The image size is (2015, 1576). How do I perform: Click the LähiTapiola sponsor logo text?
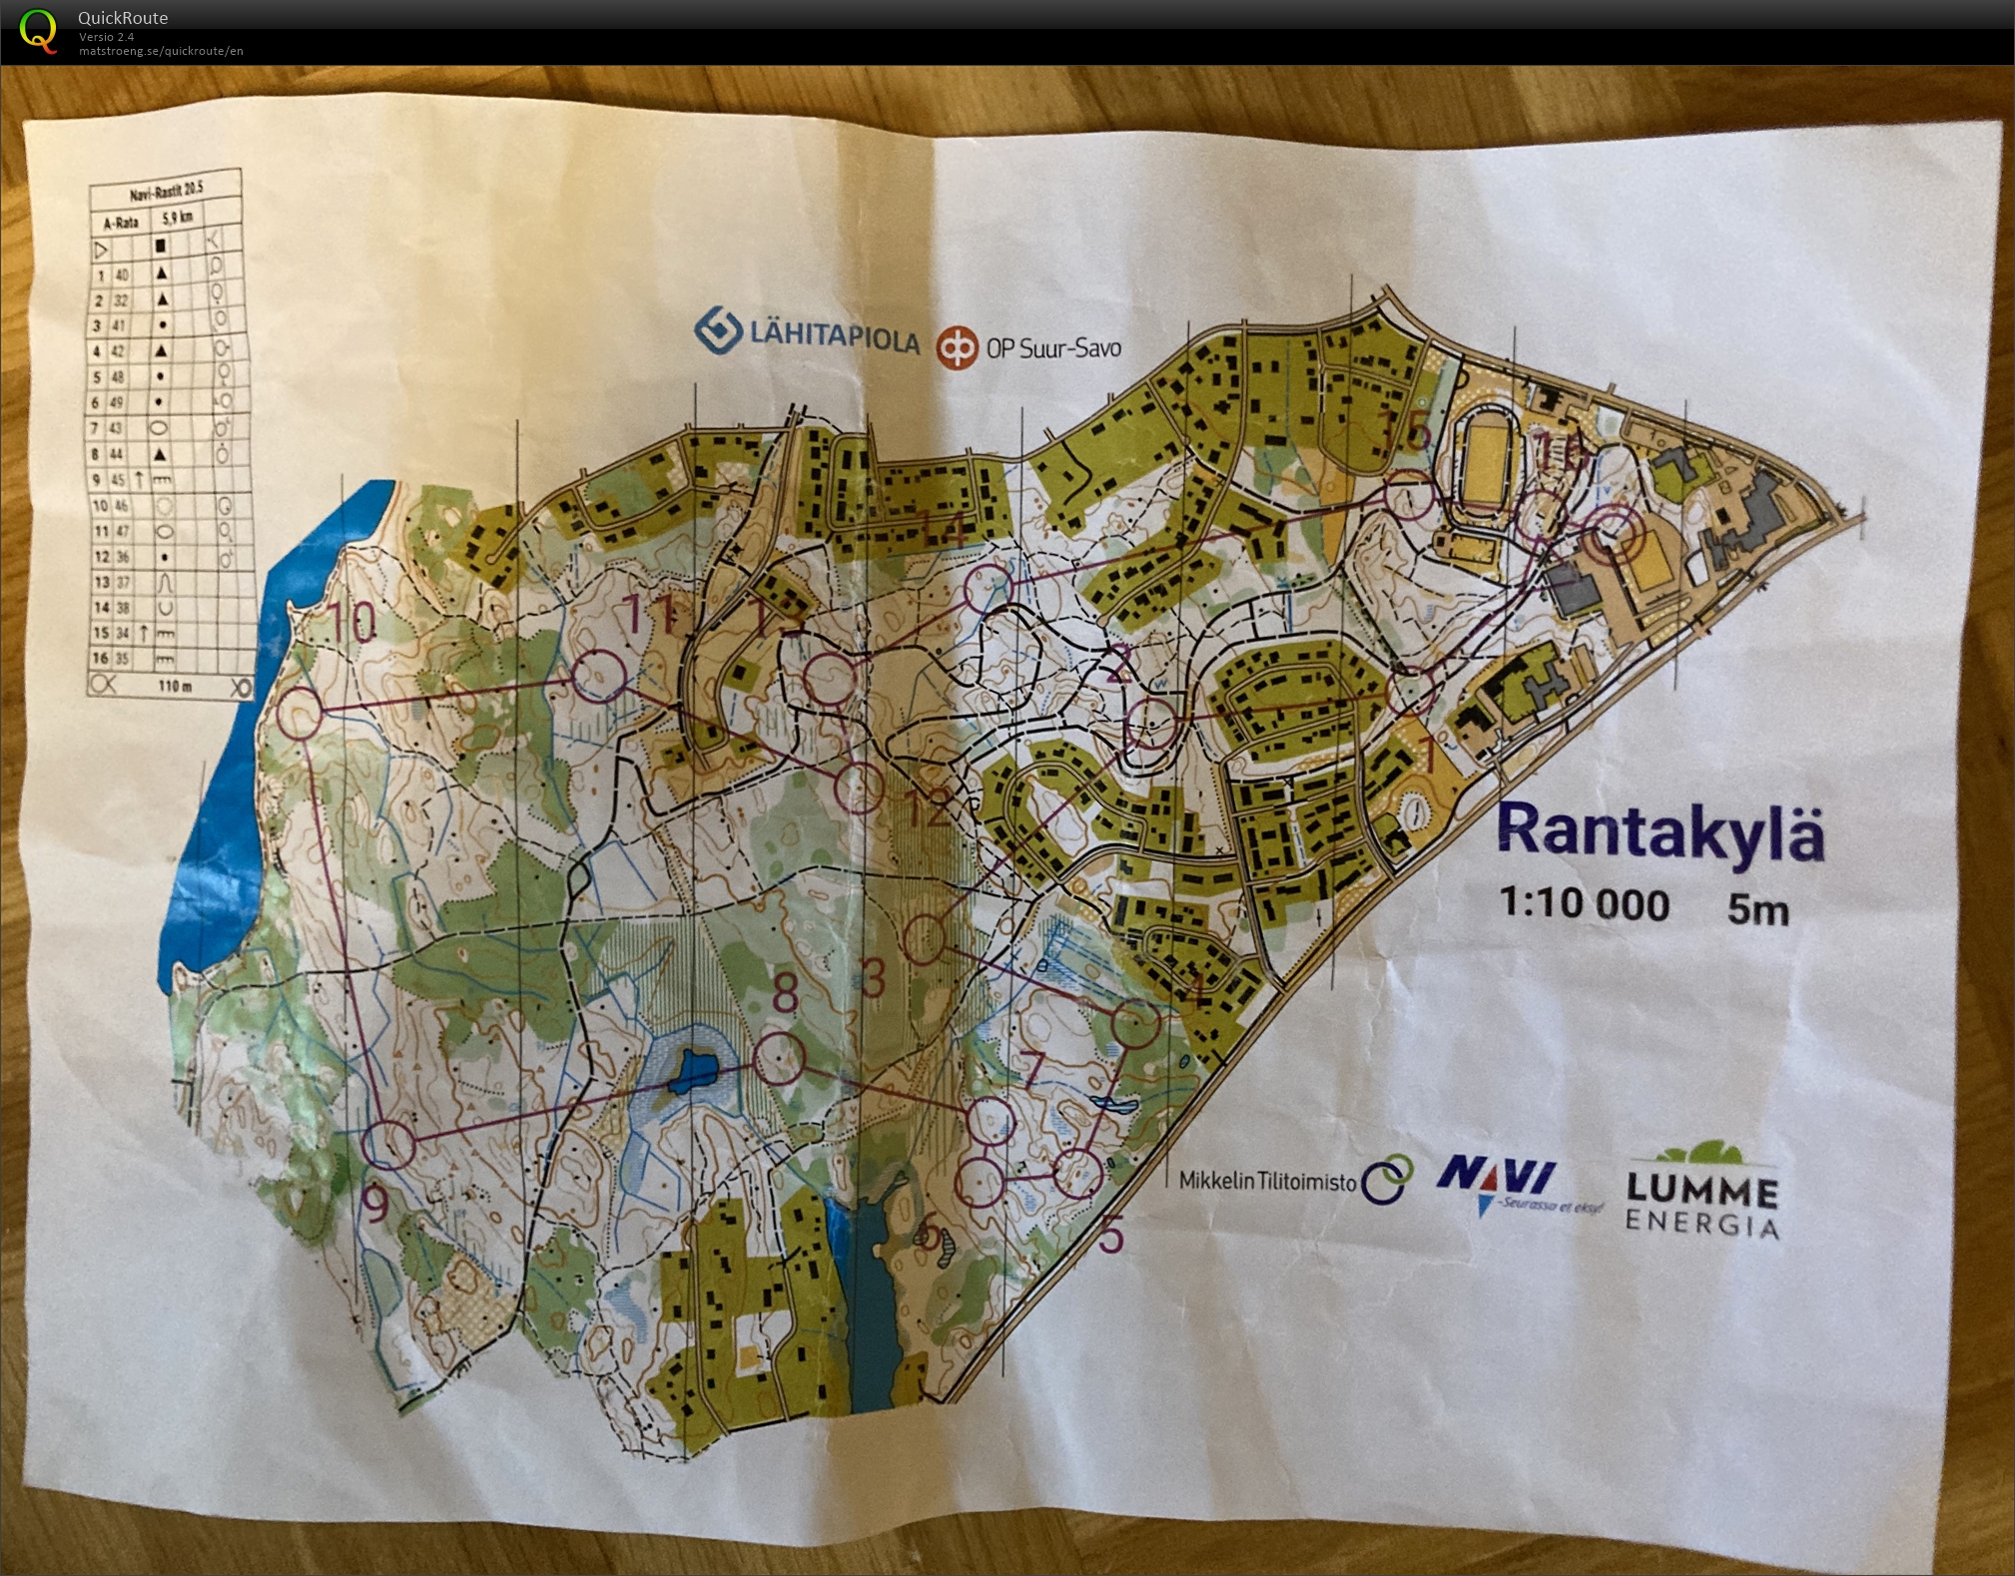[x=834, y=337]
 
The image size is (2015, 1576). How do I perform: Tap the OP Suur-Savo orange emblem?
[x=957, y=348]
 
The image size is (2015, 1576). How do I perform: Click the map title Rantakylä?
[x=1660, y=831]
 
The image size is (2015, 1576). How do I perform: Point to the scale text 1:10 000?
[x=1584, y=904]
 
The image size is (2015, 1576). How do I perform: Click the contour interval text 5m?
[x=1757, y=910]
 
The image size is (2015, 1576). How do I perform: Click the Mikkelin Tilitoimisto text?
[x=1267, y=1181]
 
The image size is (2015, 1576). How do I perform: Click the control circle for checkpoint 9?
[x=387, y=1144]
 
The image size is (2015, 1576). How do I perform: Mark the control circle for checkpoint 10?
[x=299, y=714]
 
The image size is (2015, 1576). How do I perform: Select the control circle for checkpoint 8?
[x=778, y=1058]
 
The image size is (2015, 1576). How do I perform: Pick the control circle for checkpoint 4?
[x=1135, y=1024]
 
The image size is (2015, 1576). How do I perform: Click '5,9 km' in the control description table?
[x=178, y=217]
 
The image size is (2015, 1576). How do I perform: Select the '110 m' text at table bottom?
[x=174, y=687]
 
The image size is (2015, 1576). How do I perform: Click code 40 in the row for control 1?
[x=122, y=274]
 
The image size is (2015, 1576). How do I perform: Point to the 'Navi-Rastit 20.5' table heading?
[x=166, y=190]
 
